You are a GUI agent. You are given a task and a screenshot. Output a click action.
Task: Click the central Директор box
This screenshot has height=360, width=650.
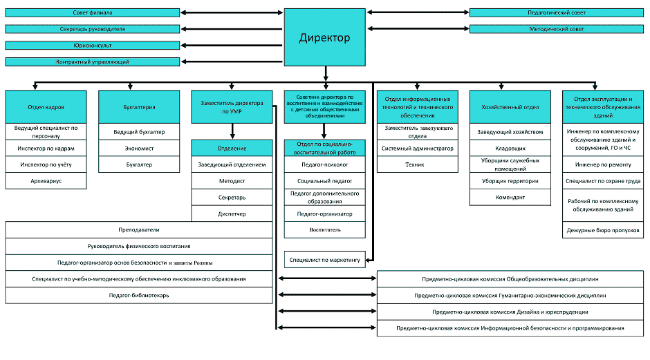324,37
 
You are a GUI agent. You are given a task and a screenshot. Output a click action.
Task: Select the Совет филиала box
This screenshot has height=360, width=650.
93,13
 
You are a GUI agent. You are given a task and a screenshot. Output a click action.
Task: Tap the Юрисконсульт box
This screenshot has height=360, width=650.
93,46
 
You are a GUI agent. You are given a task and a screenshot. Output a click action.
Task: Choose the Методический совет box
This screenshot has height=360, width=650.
557,29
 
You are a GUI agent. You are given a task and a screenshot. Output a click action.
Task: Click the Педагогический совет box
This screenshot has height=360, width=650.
557,13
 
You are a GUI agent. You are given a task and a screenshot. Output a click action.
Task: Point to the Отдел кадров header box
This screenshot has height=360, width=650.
46,107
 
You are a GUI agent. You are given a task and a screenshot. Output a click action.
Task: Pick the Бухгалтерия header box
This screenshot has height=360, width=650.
139,107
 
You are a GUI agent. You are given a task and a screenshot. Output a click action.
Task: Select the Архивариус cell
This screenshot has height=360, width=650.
46,181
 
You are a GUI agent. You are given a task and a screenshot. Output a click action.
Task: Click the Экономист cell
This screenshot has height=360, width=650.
139,149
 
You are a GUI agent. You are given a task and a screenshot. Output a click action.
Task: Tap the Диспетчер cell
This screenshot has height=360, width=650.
232,214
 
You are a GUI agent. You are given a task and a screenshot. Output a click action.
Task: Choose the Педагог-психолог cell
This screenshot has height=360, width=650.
324,164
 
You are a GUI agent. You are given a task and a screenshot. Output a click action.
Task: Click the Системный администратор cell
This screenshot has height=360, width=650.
418,149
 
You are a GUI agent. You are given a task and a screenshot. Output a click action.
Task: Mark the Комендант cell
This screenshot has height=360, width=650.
510,197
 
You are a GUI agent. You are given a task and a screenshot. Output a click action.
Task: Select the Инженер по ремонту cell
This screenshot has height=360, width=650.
603,164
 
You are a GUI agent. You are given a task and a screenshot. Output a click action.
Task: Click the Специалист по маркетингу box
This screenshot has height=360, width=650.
324,260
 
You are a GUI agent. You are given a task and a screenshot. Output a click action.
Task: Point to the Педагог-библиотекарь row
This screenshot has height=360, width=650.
139,295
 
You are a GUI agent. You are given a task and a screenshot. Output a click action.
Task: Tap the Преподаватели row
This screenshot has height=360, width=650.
139,230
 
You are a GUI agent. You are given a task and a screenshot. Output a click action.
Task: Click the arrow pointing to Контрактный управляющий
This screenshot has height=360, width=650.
232,61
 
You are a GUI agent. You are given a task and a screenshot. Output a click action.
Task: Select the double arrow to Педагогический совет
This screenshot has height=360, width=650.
418,12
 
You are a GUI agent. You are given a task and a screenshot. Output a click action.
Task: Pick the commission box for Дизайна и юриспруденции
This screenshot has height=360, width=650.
510,312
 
